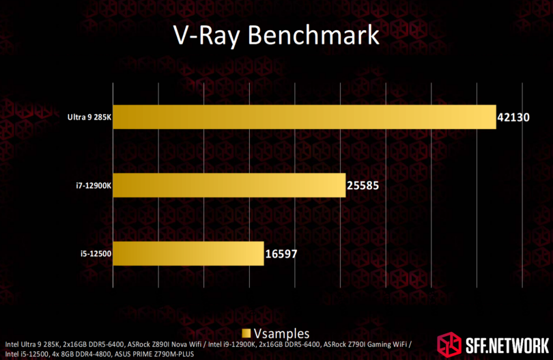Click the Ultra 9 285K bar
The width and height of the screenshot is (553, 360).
(304, 117)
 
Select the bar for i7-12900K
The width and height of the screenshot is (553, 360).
(229, 185)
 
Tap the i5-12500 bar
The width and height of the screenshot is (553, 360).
(188, 253)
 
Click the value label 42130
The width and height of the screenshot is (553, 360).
(513, 117)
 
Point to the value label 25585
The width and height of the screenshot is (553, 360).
(363, 186)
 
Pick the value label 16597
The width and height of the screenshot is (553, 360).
(281, 253)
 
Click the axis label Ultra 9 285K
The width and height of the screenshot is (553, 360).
(89, 117)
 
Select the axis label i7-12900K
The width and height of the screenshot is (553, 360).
(94, 186)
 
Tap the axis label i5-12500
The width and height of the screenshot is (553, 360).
(96, 253)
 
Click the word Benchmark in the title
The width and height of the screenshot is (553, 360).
(313, 35)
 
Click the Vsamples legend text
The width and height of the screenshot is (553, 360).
(281, 333)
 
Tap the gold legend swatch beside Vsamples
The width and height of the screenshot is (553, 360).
(246, 333)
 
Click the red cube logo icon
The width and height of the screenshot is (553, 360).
(449, 344)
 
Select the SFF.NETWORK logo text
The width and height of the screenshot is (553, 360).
(507, 346)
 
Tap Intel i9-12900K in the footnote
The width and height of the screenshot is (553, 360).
(231, 344)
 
